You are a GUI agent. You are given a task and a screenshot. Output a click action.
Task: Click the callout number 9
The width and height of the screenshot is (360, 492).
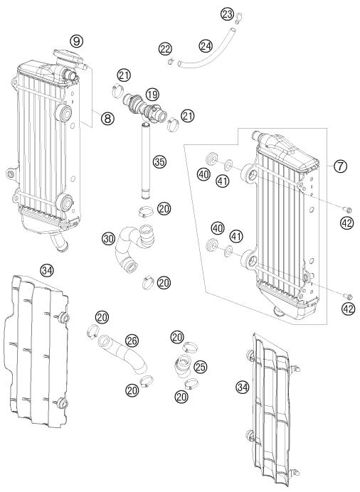[x=76, y=41]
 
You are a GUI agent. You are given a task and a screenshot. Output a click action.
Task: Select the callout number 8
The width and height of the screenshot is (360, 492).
[x=107, y=118]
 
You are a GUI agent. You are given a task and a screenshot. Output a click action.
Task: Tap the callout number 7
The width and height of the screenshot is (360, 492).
[x=340, y=166]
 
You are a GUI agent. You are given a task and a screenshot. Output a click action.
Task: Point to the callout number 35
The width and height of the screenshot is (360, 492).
[x=159, y=162]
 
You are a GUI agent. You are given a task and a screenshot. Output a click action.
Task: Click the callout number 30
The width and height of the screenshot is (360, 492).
[x=108, y=239]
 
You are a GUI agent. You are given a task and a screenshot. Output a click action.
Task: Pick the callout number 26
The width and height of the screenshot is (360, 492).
[x=132, y=341]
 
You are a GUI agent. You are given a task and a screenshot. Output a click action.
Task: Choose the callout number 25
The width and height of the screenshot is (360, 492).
[x=201, y=366]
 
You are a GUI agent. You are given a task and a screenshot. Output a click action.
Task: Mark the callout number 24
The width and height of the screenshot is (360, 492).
[x=206, y=46]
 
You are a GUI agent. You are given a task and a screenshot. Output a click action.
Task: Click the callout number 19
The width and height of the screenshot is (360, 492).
[x=152, y=94]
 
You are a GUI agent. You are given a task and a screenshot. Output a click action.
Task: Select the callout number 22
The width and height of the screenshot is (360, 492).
[x=165, y=49]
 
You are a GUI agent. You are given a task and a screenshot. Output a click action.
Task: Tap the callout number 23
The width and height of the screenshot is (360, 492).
[x=227, y=14]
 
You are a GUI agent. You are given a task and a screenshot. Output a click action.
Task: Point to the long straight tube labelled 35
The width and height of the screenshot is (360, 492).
[x=146, y=161]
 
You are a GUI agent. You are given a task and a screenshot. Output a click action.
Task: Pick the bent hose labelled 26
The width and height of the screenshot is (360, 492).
[x=124, y=355]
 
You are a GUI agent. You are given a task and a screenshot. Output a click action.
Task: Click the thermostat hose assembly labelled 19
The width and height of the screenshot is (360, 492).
[x=144, y=107]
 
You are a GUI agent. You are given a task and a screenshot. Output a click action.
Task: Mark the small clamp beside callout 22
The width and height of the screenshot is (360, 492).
[x=171, y=61]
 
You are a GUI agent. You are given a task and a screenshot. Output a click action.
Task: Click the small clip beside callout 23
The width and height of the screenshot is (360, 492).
[x=238, y=18]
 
